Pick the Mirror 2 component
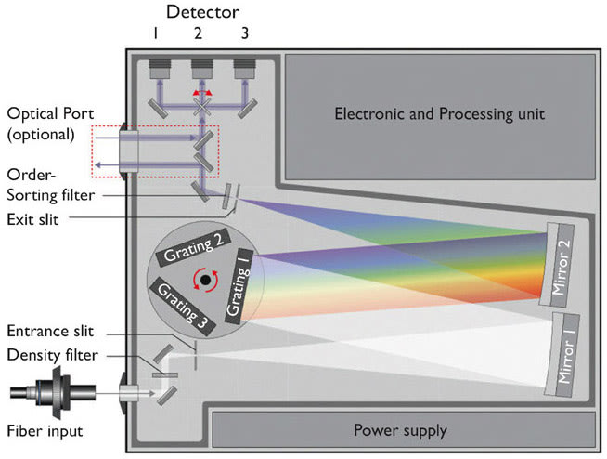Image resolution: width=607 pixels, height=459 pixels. tap(559, 263)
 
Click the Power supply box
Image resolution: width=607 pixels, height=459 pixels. tap(400, 430)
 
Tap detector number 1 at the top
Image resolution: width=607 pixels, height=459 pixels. tap(160, 69)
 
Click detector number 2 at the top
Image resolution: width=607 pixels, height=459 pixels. tap(201, 69)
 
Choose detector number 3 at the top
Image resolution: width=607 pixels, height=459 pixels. tap(245, 69)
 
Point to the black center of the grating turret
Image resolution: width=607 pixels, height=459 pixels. tap(204, 281)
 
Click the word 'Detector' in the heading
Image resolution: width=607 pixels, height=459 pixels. tap(201, 12)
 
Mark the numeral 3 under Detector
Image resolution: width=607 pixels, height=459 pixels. tap(244, 33)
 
